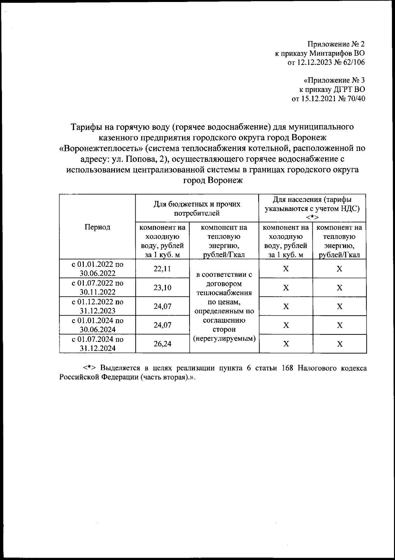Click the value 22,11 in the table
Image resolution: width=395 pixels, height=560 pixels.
[x=162, y=268]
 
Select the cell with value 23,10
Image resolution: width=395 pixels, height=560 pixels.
[x=162, y=288]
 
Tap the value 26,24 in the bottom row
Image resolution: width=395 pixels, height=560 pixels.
[x=162, y=344]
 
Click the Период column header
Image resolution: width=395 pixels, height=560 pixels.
[x=97, y=227]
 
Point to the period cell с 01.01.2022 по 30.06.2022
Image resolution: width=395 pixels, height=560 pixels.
[x=97, y=269]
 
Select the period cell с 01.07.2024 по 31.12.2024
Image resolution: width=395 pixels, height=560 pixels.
[x=97, y=344]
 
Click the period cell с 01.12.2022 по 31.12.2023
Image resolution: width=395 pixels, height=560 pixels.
[x=97, y=306]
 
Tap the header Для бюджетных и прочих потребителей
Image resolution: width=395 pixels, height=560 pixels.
[x=197, y=209]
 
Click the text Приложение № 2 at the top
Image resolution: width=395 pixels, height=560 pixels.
[x=336, y=44]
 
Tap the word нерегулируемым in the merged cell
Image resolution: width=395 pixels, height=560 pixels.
[x=224, y=338]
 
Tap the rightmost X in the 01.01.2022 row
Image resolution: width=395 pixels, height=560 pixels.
[x=339, y=269]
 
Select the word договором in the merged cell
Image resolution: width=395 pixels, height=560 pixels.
[x=224, y=284]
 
